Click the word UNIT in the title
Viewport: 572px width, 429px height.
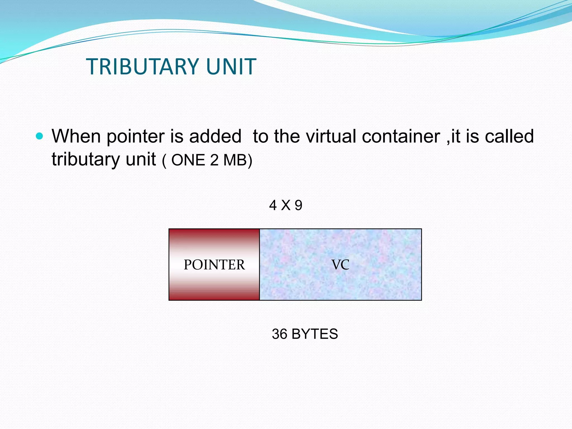pyautogui.click(x=231, y=66)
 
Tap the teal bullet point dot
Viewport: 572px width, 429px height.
pyautogui.click(x=40, y=136)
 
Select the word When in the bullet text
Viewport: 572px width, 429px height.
pyautogui.click(x=76, y=136)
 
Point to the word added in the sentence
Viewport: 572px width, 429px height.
pyautogui.click(x=215, y=136)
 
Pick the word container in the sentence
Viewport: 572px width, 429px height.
pyautogui.click(x=401, y=136)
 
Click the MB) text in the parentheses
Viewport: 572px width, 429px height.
pyautogui.click(x=238, y=160)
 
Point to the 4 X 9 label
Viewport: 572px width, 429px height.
pyautogui.click(x=285, y=205)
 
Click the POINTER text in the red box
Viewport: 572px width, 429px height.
pyautogui.click(x=214, y=264)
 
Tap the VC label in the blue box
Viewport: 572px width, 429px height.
pyautogui.click(x=340, y=264)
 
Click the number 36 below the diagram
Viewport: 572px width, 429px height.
pyautogui.click(x=280, y=334)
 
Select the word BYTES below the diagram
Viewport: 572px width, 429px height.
pyautogui.click(x=314, y=334)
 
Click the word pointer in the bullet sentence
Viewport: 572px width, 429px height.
pyautogui.click(x=136, y=137)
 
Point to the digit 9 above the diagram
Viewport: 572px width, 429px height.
pyautogui.click(x=298, y=205)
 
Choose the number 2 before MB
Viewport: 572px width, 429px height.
pyautogui.click(x=214, y=160)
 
